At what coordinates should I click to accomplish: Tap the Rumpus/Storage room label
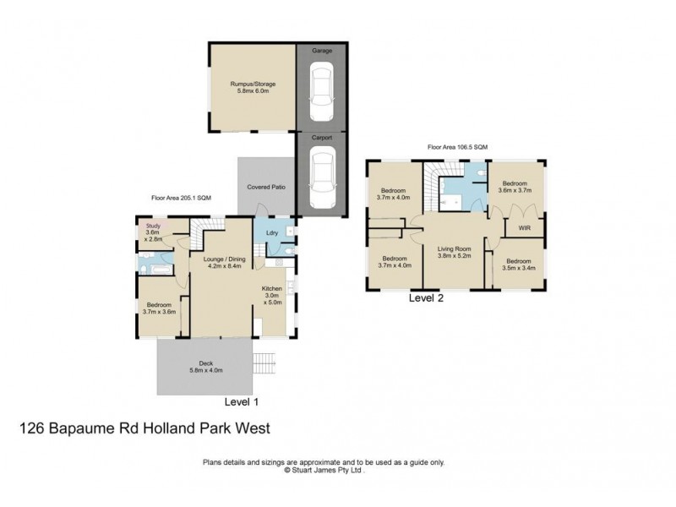(x=253, y=84)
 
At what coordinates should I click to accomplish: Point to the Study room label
(x=153, y=226)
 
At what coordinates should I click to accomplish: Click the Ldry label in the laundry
(x=272, y=233)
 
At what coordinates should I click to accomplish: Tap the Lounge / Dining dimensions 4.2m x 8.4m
(x=225, y=264)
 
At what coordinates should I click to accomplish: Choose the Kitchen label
(x=271, y=288)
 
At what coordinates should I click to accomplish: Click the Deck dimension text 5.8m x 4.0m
(x=204, y=370)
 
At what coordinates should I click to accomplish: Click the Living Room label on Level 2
(x=454, y=248)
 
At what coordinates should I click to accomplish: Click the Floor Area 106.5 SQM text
(x=457, y=147)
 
